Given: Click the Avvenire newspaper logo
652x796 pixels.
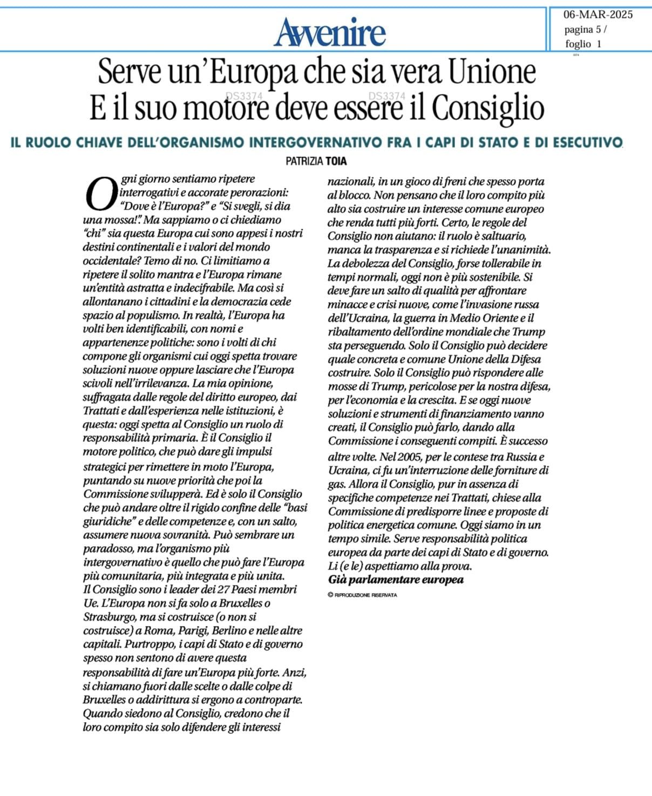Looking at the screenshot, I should click(330, 31).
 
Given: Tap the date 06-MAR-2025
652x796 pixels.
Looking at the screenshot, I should click(598, 15).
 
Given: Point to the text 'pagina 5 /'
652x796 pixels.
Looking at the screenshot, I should click(585, 29).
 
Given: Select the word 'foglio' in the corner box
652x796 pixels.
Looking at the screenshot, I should click(578, 44).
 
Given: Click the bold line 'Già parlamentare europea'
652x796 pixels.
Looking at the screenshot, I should click(396, 580).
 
